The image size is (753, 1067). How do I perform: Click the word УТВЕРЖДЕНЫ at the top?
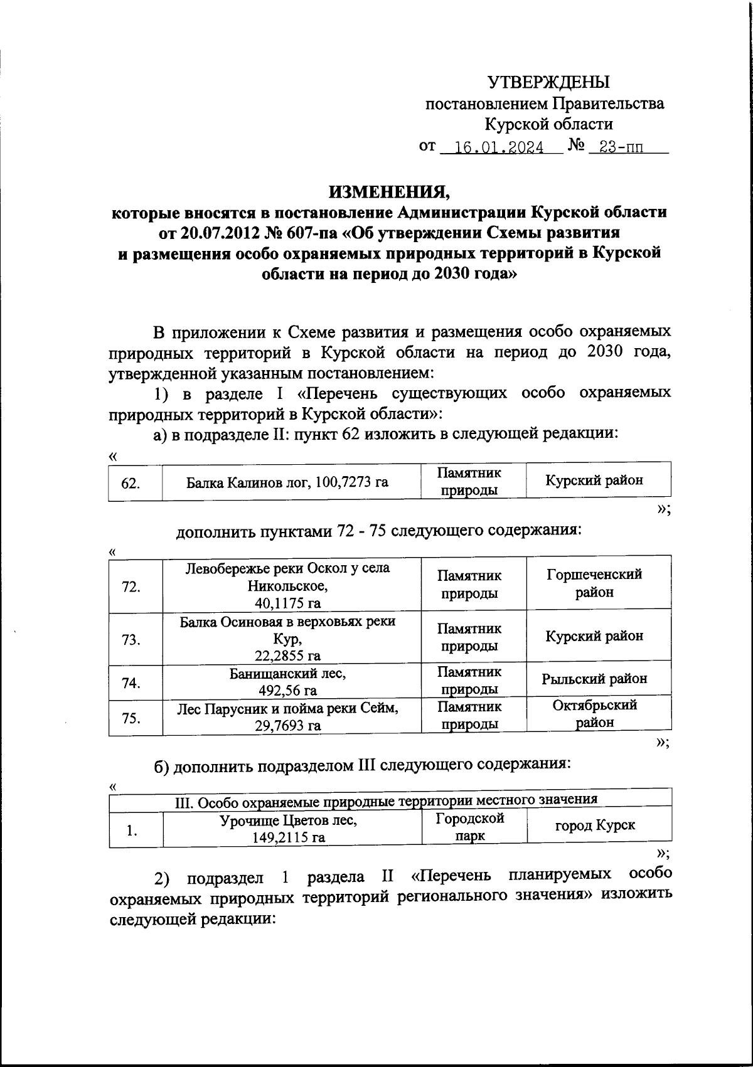tap(548, 82)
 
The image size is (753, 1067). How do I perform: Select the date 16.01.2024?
tap(499, 148)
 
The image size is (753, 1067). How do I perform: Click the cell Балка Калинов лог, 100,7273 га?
tap(287, 482)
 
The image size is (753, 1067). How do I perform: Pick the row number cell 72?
tap(131, 587)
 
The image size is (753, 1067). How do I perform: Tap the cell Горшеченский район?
tap(594, 583)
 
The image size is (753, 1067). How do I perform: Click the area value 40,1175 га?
tap(287, 603)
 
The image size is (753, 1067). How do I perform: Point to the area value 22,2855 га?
tap(287, 656)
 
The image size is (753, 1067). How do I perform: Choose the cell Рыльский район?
tap(594, 679)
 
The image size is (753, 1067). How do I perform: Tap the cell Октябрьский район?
tap(594, 713)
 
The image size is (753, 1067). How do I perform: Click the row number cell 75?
tap(131, 718)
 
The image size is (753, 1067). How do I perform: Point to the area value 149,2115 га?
tap(287, 837)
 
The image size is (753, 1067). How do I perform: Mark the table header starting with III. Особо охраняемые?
tap(385, 799)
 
